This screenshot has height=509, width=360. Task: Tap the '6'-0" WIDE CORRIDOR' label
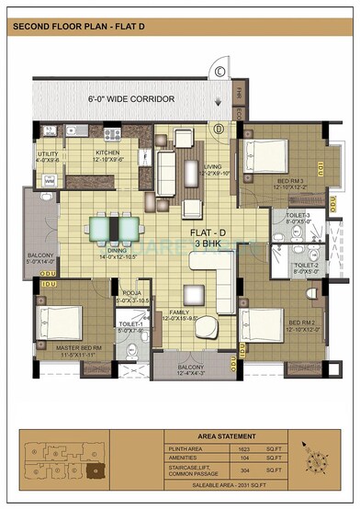128,96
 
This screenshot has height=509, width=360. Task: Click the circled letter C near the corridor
220,71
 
